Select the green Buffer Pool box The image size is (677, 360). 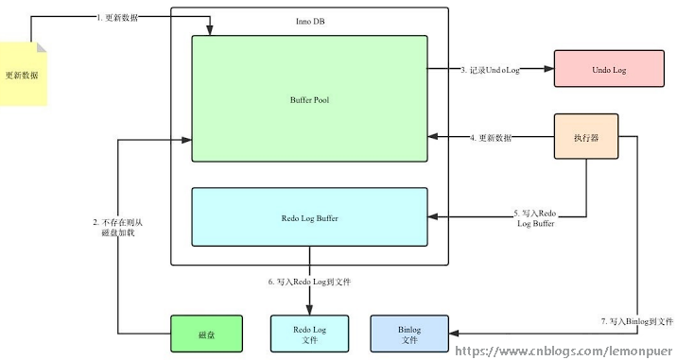click(309, 99)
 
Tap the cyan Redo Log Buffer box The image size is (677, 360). click(309, 217)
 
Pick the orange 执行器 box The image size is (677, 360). click(585, 137)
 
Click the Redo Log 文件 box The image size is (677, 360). click(309, 334)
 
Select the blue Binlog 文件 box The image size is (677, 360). click(409, 334)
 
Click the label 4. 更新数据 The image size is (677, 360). click(491, 138)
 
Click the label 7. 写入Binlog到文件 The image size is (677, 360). click(636, 322)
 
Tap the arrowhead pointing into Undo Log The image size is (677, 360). click(547, 69)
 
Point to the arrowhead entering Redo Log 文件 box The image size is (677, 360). click(309, 310)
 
